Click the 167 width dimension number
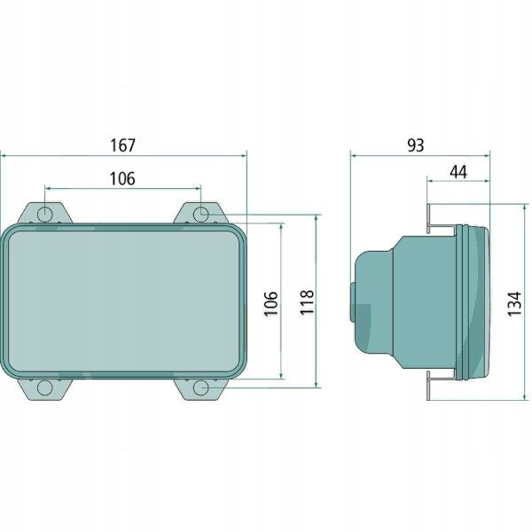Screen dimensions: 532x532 (x=123, y=145)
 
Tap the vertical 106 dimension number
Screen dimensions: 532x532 (x=271, y=303)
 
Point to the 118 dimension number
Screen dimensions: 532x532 (x=307, y=302)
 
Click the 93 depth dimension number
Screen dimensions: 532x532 (x=416, y=145)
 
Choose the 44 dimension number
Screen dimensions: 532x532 (x=458, y=172)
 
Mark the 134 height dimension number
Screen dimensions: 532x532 (x=514, y=303)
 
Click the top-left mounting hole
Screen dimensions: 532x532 (x=45, y=215)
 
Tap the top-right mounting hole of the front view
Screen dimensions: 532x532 (x=201, y=215)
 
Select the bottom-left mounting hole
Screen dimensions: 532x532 (x=45, y=387)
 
